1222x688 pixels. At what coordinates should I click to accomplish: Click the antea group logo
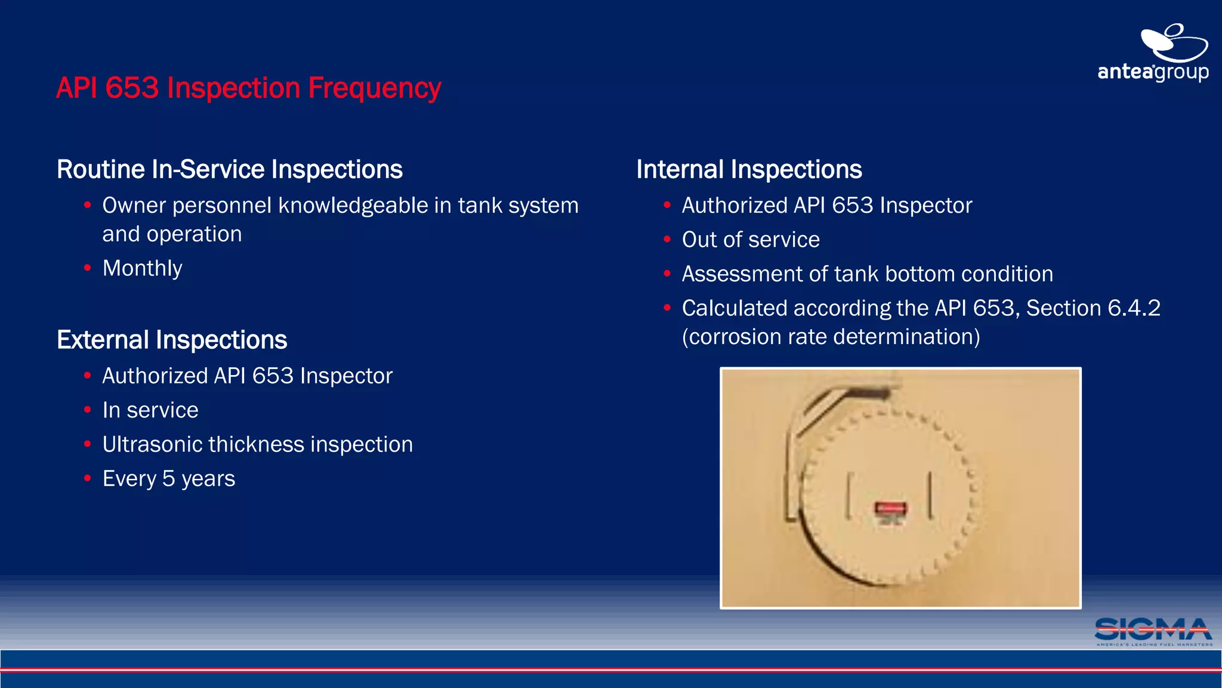pos(1153,54)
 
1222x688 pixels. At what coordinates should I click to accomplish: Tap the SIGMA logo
pos(1153,631)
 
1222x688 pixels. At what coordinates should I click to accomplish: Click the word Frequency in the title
pos(374,88)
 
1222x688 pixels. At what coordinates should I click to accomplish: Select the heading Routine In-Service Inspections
pos(229,170)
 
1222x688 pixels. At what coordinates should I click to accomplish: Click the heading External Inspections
pos(172,340)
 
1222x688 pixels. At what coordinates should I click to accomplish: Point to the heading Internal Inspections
pos(749,170)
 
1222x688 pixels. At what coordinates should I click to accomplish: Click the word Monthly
pos(142,268)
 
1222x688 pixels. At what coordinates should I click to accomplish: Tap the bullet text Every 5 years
pos(168,478)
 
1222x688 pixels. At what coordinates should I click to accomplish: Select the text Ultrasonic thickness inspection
pos(257,444)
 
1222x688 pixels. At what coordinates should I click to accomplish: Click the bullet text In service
pos(150,410)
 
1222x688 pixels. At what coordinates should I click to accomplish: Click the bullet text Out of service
pos(750,239)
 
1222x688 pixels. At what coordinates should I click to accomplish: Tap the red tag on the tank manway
pos(890,509)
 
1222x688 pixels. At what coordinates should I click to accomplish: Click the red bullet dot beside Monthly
pos(88,268)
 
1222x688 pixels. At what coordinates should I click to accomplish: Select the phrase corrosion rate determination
pos(831,337)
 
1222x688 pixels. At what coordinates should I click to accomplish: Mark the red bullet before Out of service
pos(667,239)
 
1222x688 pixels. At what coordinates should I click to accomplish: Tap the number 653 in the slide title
pos(132,88)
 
